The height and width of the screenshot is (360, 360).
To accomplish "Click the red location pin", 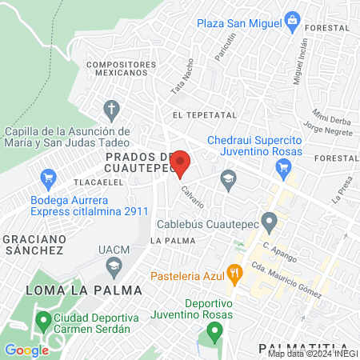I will tap(182, 163).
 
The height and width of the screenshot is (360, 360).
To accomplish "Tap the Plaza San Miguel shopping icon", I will tap(293, 19).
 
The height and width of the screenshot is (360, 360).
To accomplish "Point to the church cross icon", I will tap(112, 108).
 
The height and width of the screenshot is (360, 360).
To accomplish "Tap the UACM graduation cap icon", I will tap(115, 264).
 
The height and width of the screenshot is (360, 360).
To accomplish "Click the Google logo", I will tap(26, 350).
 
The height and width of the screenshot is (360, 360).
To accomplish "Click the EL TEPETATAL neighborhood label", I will tap(200, 115).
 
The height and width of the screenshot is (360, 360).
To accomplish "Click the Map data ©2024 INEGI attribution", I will tap(312, 354).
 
